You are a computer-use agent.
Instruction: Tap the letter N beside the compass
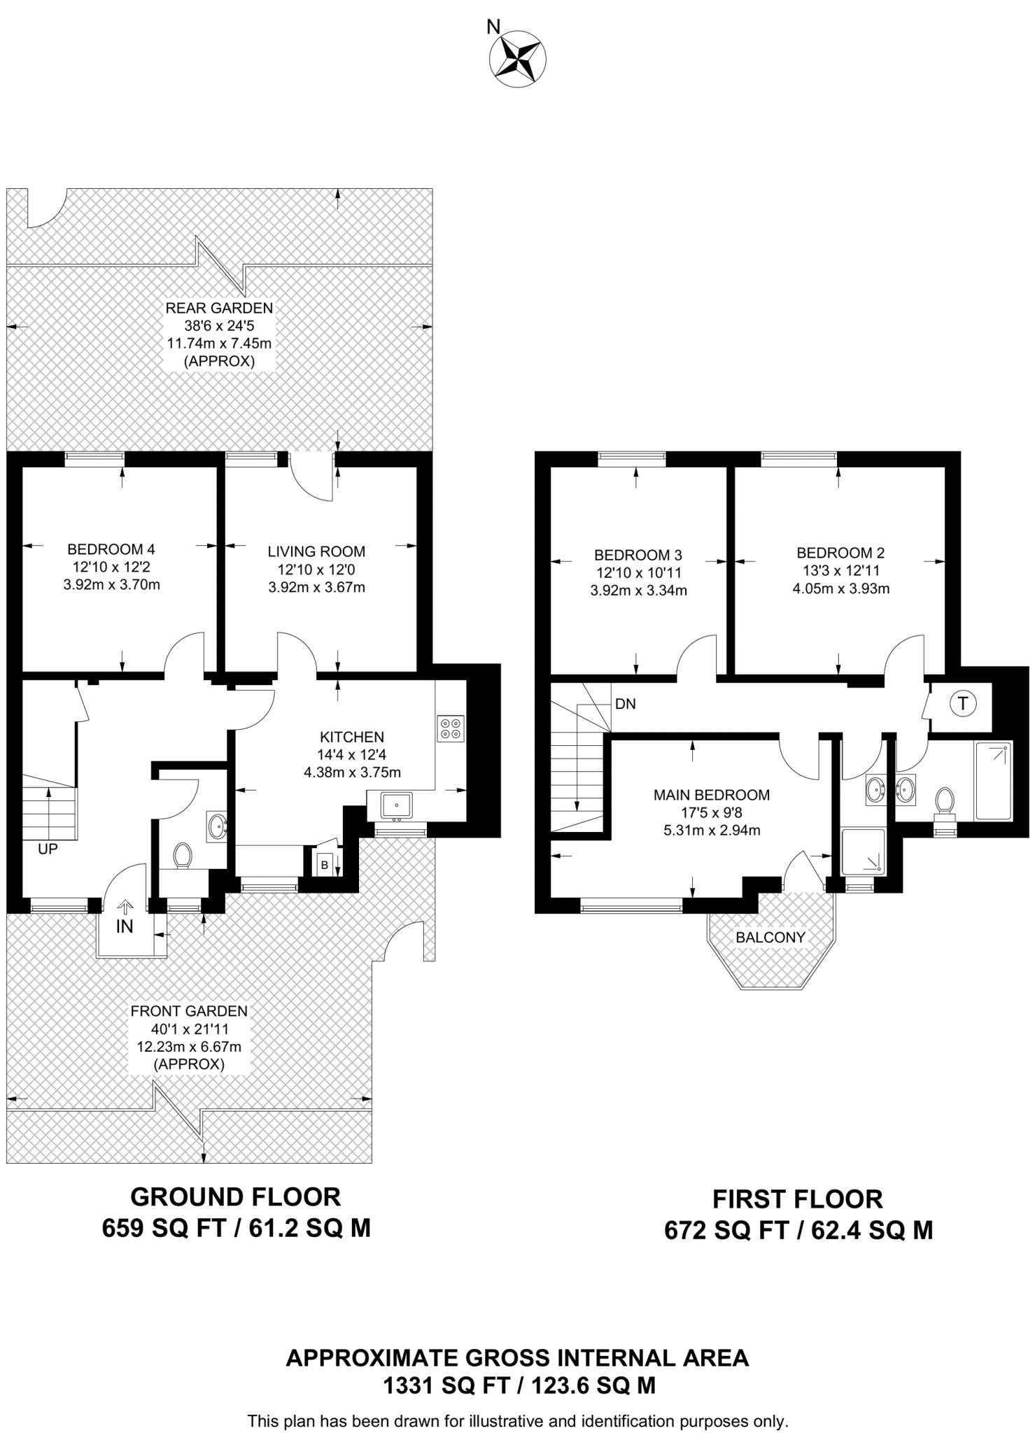click(493, 27)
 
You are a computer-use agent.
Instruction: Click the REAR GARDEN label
click(219, 308)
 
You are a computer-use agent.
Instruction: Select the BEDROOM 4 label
click(111, 549)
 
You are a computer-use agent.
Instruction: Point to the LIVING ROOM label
click(316, 551)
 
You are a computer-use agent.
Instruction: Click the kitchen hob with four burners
click(451, 728)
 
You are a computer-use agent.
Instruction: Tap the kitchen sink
click(397, 805)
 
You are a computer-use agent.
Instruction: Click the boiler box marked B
click(324, 865)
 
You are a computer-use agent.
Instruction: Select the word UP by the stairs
click(48, 849)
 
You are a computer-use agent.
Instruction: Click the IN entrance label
click(125, 926)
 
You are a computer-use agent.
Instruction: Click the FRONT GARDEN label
click(189, 1011)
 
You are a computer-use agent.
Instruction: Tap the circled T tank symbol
click(963, 704)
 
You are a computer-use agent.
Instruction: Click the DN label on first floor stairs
click(626, 704)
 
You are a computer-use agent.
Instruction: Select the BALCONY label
click(770, 937)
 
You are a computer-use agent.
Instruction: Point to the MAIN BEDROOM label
click(711, 795)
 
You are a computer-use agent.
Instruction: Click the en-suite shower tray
click(863, 852)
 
